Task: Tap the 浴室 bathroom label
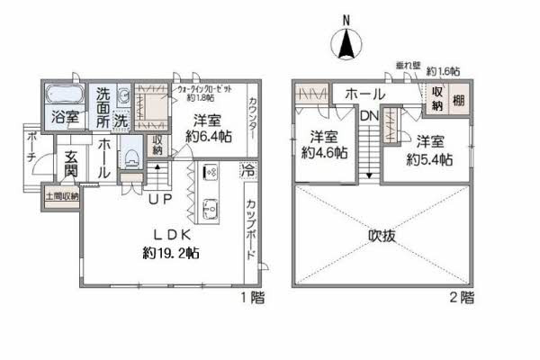[64, 116]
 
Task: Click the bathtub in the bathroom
[63, 94]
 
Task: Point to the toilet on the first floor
[131, 159]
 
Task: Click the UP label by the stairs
[160, 198]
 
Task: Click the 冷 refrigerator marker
[248, 168]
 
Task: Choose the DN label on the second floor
[369, 116]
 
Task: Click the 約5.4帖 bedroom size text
[428, 158]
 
